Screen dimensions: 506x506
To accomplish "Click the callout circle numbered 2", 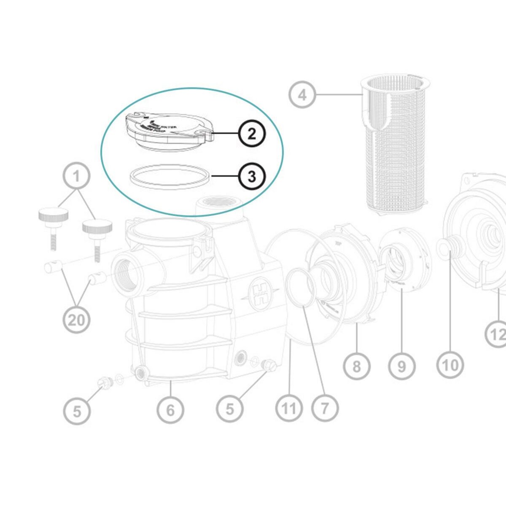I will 252,134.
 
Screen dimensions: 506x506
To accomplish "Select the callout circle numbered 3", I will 252,176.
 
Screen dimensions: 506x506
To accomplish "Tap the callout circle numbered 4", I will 302,95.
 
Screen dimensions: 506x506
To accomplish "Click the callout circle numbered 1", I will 76,176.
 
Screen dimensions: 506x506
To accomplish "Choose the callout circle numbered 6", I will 170,409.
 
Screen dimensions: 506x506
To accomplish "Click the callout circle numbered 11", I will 289,408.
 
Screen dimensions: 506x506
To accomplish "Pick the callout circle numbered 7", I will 325,408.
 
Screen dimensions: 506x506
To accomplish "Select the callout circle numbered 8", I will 357,366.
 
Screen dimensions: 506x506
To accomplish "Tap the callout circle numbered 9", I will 401,366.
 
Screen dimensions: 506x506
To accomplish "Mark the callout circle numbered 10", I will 450,365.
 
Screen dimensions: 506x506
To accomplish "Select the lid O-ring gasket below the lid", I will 169,177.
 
